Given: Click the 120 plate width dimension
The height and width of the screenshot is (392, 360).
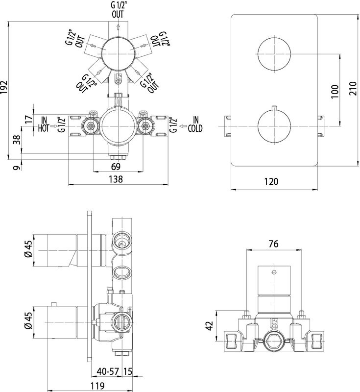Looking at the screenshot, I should (271, 181).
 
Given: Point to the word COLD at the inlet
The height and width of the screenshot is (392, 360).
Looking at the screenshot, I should (194, 128).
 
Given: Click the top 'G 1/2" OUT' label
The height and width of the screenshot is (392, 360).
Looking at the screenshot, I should (118, 9).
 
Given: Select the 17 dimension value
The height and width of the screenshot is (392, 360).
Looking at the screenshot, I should (28, 119).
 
